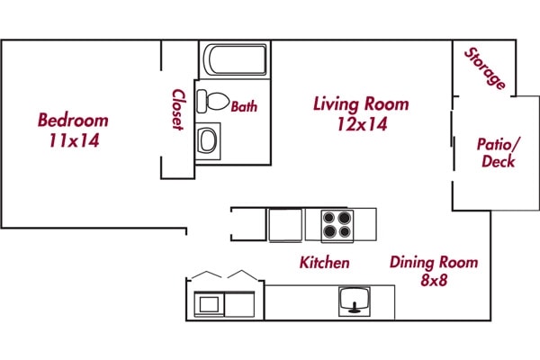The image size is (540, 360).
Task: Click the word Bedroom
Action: tap(73, 120)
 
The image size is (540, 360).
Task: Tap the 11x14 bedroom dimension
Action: tap(73, 140)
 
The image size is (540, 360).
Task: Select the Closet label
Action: tap(178, 109)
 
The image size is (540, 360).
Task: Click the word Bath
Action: tap(244, 106)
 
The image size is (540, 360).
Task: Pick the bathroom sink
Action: tap(208, 140)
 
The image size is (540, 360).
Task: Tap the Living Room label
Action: tap(360, 103)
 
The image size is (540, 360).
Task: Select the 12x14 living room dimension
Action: tap(360, 125)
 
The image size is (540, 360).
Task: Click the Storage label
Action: tap(485, 67)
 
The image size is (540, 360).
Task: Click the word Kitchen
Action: tap(324, 263)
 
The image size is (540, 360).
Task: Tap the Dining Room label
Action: tap(433, 263)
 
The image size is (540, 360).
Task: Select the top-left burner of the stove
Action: tap(328, 217)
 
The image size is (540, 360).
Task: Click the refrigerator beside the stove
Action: tap(285, 224)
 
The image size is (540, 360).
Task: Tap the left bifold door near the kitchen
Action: tap(206, 274)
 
